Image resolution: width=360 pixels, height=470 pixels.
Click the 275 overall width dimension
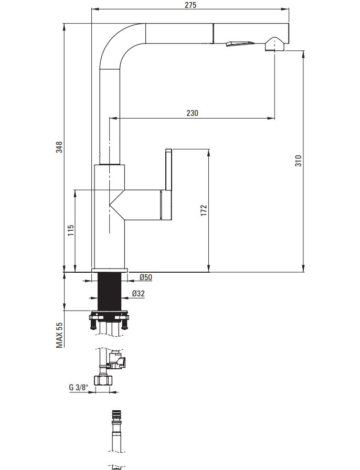tap(191, 5)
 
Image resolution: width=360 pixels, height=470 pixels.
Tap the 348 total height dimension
tap(60, 147)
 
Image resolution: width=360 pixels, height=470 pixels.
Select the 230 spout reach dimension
tap(192, 113)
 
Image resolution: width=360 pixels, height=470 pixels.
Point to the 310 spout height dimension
tap(298, 161)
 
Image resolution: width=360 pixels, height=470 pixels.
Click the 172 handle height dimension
tap(204, 210)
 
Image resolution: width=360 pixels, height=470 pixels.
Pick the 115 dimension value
tap(70, 230)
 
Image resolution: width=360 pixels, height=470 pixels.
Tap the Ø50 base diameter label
tap(146, 277)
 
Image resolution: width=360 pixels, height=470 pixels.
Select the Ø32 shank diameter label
tap(139, 293)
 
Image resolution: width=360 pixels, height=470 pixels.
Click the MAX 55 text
tap(60, 335)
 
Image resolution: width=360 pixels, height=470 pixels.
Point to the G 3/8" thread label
tap(78, 387)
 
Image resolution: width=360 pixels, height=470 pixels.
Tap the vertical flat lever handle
tap(168, 169)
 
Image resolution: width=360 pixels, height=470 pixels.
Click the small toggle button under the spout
tap(240, 44)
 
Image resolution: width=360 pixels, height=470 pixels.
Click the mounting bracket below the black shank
tap(110, 319)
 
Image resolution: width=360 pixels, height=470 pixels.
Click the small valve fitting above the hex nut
tap(117, 359)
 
